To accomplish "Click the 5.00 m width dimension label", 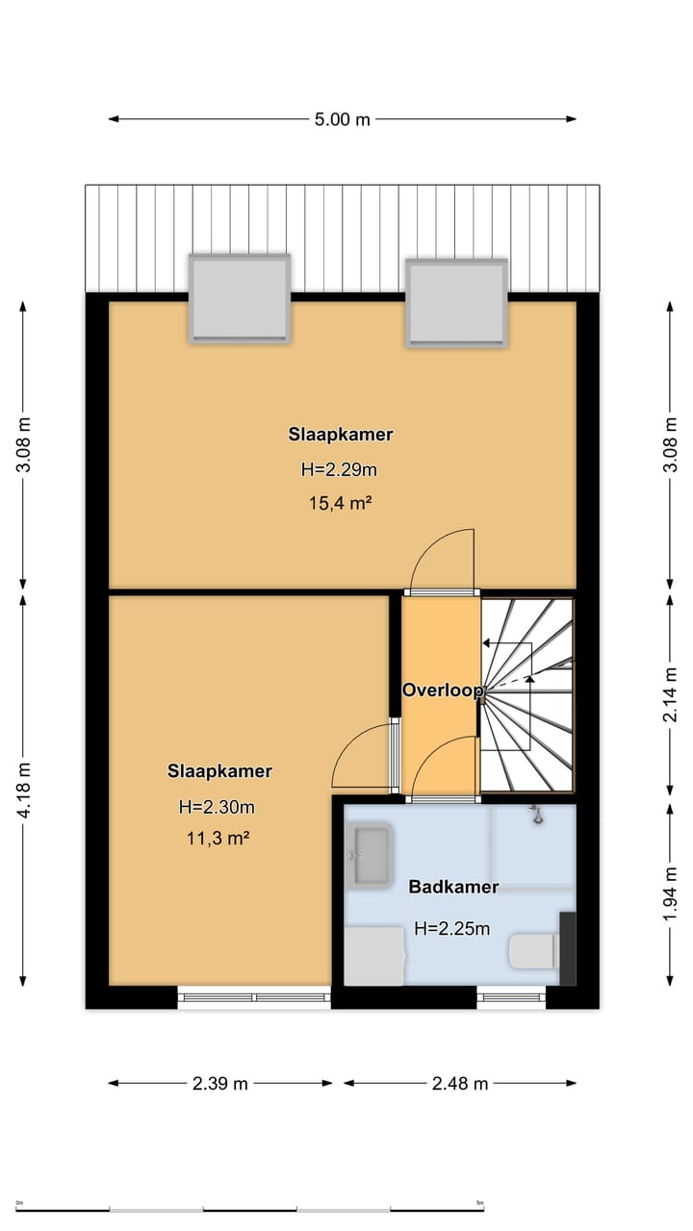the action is pos(342,119).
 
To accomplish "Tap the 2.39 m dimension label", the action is pos(220,1083).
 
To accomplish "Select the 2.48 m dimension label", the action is pos(460,1083).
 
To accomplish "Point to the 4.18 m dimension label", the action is pos(25,791).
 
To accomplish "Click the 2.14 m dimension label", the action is pos(670,694).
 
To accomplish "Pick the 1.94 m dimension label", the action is pos(670,893).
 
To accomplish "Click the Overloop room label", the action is pos(443,691).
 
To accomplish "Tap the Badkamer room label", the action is pos(453,887).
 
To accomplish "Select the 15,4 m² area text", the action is pos(341,503).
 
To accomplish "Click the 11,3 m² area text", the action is pos(218,839).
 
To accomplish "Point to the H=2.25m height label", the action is pos(452,928).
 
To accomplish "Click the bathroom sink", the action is pos(371,855).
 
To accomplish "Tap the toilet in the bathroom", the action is pos(533,951).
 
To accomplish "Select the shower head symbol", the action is pos(536,815).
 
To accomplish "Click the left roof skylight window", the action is pos(240,299).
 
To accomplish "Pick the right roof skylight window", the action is pos(456,302).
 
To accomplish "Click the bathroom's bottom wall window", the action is pos(511,997).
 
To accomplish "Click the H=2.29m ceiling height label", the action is pos(339,469).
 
